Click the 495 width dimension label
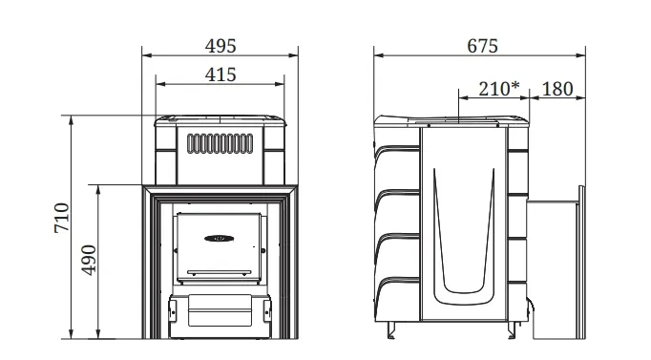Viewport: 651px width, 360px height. [x=220, y=46]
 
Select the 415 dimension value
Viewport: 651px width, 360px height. [x=220, y=74]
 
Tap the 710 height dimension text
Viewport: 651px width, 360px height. [x=62, y=218]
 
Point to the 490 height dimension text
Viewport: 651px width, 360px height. [x=89, y=260]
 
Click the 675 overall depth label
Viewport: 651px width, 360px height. [x=482, y=46]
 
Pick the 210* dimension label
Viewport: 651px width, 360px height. [x=499, y=89]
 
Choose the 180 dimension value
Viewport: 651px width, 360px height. [x=557, y=89]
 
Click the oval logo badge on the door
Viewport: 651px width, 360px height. [x=220, y=239]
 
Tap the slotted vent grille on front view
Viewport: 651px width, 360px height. [x=220, y=143]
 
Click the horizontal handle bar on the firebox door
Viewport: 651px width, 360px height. [x=220, y=273]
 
